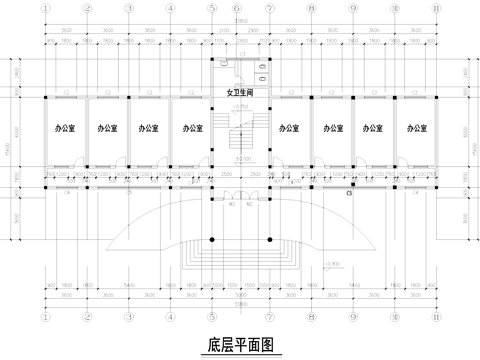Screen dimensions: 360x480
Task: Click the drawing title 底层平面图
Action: (240, 346)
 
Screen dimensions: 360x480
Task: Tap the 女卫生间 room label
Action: (240, 93)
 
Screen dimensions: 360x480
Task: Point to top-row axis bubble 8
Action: (312, 9)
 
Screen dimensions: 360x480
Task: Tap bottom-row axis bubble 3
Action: (128, 319)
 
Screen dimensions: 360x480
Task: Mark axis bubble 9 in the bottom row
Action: (352, 319)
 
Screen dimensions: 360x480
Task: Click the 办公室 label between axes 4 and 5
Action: (190, 129)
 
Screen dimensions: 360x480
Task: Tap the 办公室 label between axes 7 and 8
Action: (291, 129)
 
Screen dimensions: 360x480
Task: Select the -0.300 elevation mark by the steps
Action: (334, 263)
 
